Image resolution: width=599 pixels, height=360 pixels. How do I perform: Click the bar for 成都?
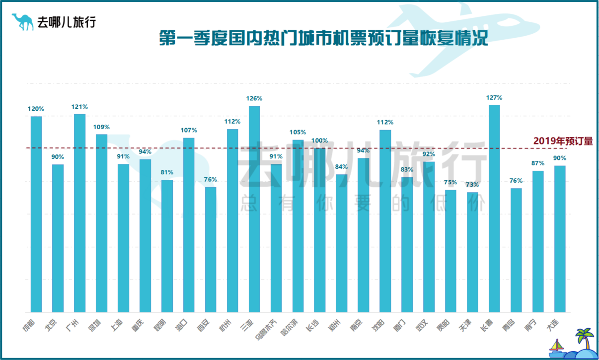(x=36, y=214)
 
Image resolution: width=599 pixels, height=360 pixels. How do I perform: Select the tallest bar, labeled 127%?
(x=494, y=209)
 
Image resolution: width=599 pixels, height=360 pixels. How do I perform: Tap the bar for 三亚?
(x=254, y=209)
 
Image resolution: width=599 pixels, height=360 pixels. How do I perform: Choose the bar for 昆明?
(x=167, y=246)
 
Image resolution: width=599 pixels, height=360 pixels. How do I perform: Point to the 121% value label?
(x=80, y=107)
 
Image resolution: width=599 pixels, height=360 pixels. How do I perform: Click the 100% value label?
(x=320, y=141)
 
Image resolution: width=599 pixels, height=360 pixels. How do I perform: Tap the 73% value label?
(x=472, y=185)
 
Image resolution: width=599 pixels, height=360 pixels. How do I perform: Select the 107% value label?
(x=189, y=130)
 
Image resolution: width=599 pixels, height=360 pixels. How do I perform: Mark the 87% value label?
(x=538, y=163)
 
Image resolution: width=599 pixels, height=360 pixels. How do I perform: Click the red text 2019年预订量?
(x=563, y=141)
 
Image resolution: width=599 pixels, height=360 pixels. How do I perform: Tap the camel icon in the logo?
(x=22, y=22)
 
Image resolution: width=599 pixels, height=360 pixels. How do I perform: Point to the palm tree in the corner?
(x=585, y=338)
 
